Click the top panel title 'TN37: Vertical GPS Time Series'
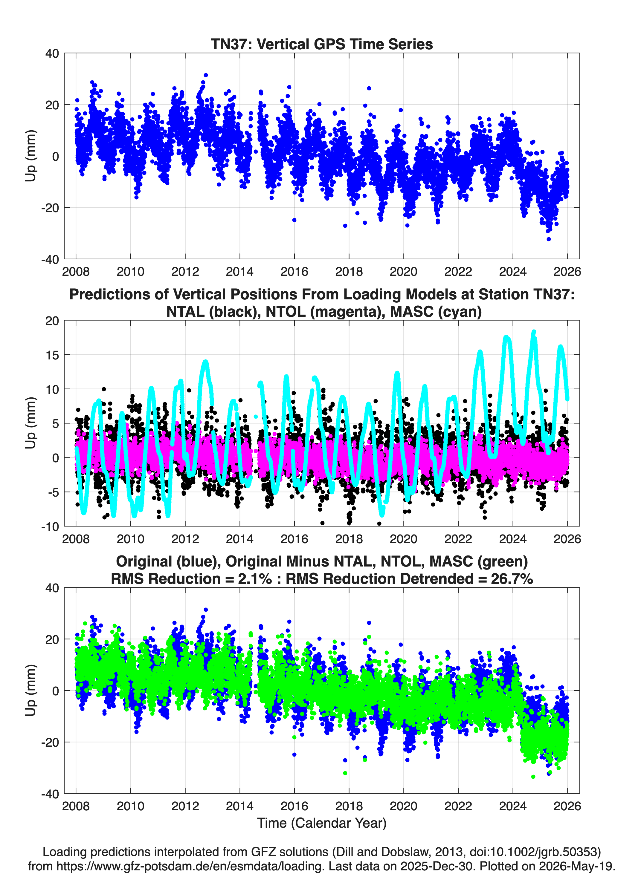point(322,44)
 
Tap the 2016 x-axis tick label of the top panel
point(294,272)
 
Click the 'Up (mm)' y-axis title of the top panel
point(31,156)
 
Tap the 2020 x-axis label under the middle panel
point(403,539)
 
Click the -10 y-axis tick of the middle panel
point(50,526)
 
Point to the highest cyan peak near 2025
point(534,332)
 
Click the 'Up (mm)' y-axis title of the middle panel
point(31,423)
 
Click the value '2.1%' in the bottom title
point(255,579)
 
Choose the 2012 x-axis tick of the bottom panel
point(185,806)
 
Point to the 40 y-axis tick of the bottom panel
point(52,588)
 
